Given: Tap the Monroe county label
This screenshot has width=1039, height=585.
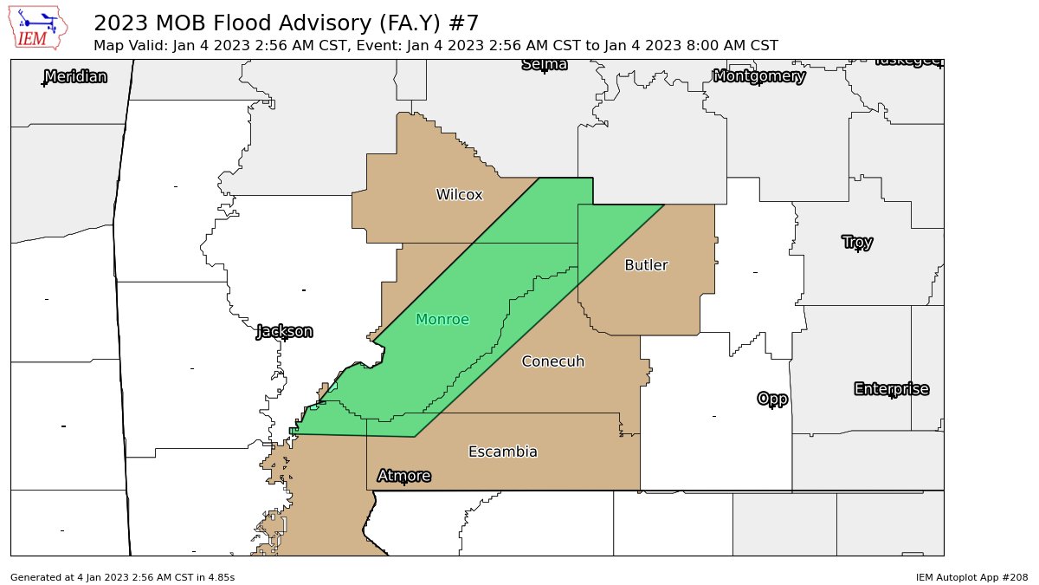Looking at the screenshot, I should click(x=442, y=320).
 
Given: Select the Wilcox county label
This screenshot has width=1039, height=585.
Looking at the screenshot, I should click(x=459, y=195).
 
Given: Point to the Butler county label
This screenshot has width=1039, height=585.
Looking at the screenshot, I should click(x=646, y=265).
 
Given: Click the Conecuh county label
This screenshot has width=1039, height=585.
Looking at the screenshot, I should click(x=553, y=361).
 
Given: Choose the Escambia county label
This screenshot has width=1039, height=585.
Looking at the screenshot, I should click(x=502, y=452).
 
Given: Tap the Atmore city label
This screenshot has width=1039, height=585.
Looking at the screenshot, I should click(x=403, y=476).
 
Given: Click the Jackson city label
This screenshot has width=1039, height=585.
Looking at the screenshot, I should click(x=284, y=331).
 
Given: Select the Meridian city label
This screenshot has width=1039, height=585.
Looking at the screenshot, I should click(x=75, y=76).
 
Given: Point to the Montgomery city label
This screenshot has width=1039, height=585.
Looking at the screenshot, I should click(x=759, y=76).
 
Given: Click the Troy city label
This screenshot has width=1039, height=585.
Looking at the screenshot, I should click(x=857, y=242).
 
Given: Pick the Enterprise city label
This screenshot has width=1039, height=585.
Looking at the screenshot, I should click(x=891, y=389).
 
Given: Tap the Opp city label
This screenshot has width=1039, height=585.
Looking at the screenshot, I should click(x=772, y=399).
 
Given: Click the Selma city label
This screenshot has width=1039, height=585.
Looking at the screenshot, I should click(x=545, y=64).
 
